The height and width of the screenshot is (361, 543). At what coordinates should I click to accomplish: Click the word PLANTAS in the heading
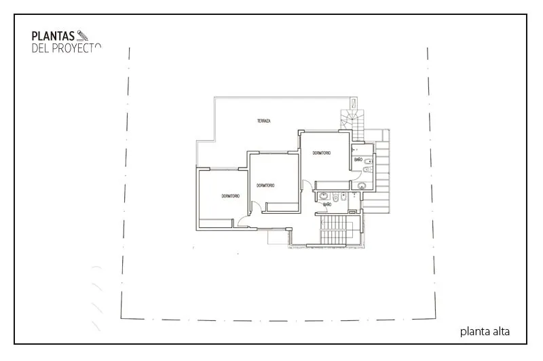coord(53,36)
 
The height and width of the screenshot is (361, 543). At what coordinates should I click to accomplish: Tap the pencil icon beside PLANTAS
coord(82,36)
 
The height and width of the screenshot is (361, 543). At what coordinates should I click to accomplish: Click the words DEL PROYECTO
coord(66,48)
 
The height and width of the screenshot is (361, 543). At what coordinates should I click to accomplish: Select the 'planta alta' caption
coord(485,332)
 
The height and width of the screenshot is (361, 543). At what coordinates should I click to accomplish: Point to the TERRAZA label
coord(264,121)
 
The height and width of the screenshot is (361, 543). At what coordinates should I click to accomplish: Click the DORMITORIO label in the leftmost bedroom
coord(231,196)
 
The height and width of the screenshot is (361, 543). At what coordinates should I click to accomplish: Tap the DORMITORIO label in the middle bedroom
coord(265,185)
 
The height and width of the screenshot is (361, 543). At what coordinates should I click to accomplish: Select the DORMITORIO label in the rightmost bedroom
coord(322,153)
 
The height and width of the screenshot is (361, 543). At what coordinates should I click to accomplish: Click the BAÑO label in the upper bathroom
coord(358,159)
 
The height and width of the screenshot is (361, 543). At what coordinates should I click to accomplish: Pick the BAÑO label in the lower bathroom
coord(327,204)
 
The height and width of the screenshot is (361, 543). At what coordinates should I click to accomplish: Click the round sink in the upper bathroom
coord(362,186)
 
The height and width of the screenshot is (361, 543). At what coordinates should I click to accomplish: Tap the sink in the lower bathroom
coord(324,196)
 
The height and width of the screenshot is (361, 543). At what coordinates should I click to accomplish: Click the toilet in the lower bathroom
coord(335,197)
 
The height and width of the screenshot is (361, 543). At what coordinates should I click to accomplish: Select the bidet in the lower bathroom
coord(343,197)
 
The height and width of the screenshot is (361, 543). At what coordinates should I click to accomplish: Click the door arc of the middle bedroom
coord(257,207)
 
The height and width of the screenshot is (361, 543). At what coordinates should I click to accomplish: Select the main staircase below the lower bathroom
coord(333,230)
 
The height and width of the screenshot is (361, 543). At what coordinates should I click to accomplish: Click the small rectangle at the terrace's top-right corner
coord(354,102)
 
